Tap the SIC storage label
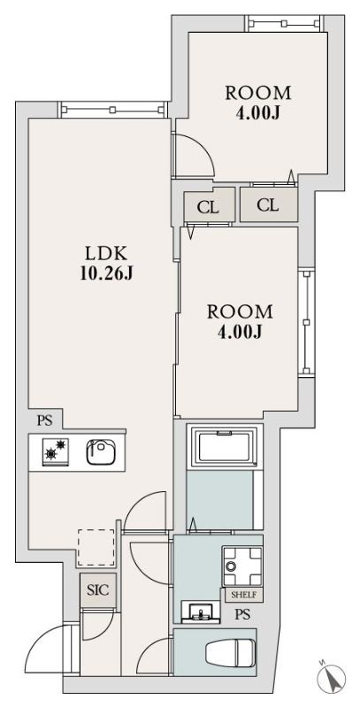97,589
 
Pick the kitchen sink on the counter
100,452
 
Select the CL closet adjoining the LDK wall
209,207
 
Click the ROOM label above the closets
258,93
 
